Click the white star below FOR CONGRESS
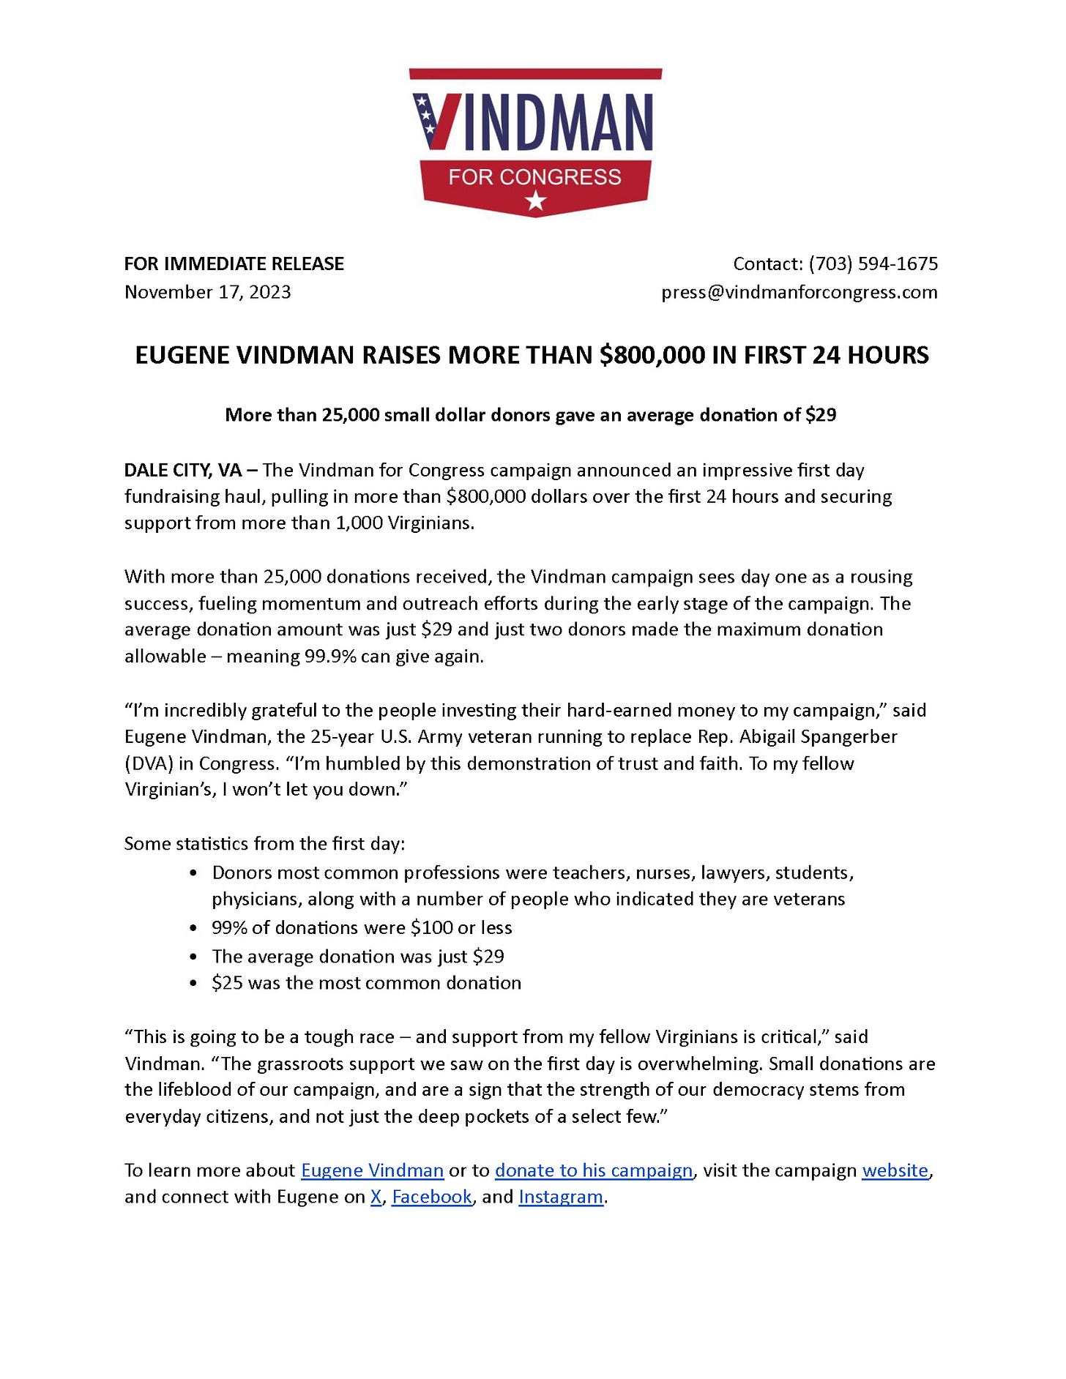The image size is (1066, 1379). [536, 199]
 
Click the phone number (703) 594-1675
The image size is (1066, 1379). [873, 264]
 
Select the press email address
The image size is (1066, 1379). [799, 292]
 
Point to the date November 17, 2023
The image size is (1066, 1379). [207, 292]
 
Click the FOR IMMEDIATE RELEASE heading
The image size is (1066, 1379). [234, 264]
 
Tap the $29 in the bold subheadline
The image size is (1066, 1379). [820, 415]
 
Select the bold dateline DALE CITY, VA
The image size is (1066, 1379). [183, 470]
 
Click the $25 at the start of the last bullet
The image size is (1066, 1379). [227, 982]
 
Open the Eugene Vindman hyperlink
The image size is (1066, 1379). [372, 1170]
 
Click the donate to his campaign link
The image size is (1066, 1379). [593, 1170]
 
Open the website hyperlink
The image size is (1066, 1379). [895, 1170]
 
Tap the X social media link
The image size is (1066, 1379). [376, 1197]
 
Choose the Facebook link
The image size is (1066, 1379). [432, 1197]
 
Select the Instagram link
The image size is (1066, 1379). [561, 1197]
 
